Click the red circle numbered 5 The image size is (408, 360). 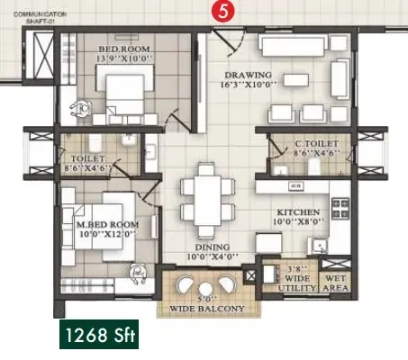[x=222, y=12]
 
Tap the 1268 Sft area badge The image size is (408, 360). [x=99, y=334]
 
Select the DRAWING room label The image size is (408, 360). [x=249, y=75]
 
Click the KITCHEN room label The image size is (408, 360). [x=298, y=212]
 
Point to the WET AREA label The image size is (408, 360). [x=336, y=283]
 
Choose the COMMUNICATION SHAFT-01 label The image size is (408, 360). [x=40, y=18]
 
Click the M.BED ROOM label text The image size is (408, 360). [x=107, y=224]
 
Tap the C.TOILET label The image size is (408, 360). [x=317, y=144]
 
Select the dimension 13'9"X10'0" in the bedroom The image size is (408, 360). [x=124, y=58]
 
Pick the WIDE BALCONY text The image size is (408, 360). [x=207, y=309]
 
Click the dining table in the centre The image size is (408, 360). [x=208, y=200]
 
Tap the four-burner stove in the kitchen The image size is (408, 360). [x=340, y=209]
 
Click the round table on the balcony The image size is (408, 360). [x=205, y=289]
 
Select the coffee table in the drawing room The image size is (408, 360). [x=296, y=80]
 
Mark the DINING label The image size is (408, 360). [x=213, y=247]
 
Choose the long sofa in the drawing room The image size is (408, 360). [x=293, y=45]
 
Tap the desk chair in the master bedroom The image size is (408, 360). [x=138, y=274]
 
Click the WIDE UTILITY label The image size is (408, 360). [x=297, y=283]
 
